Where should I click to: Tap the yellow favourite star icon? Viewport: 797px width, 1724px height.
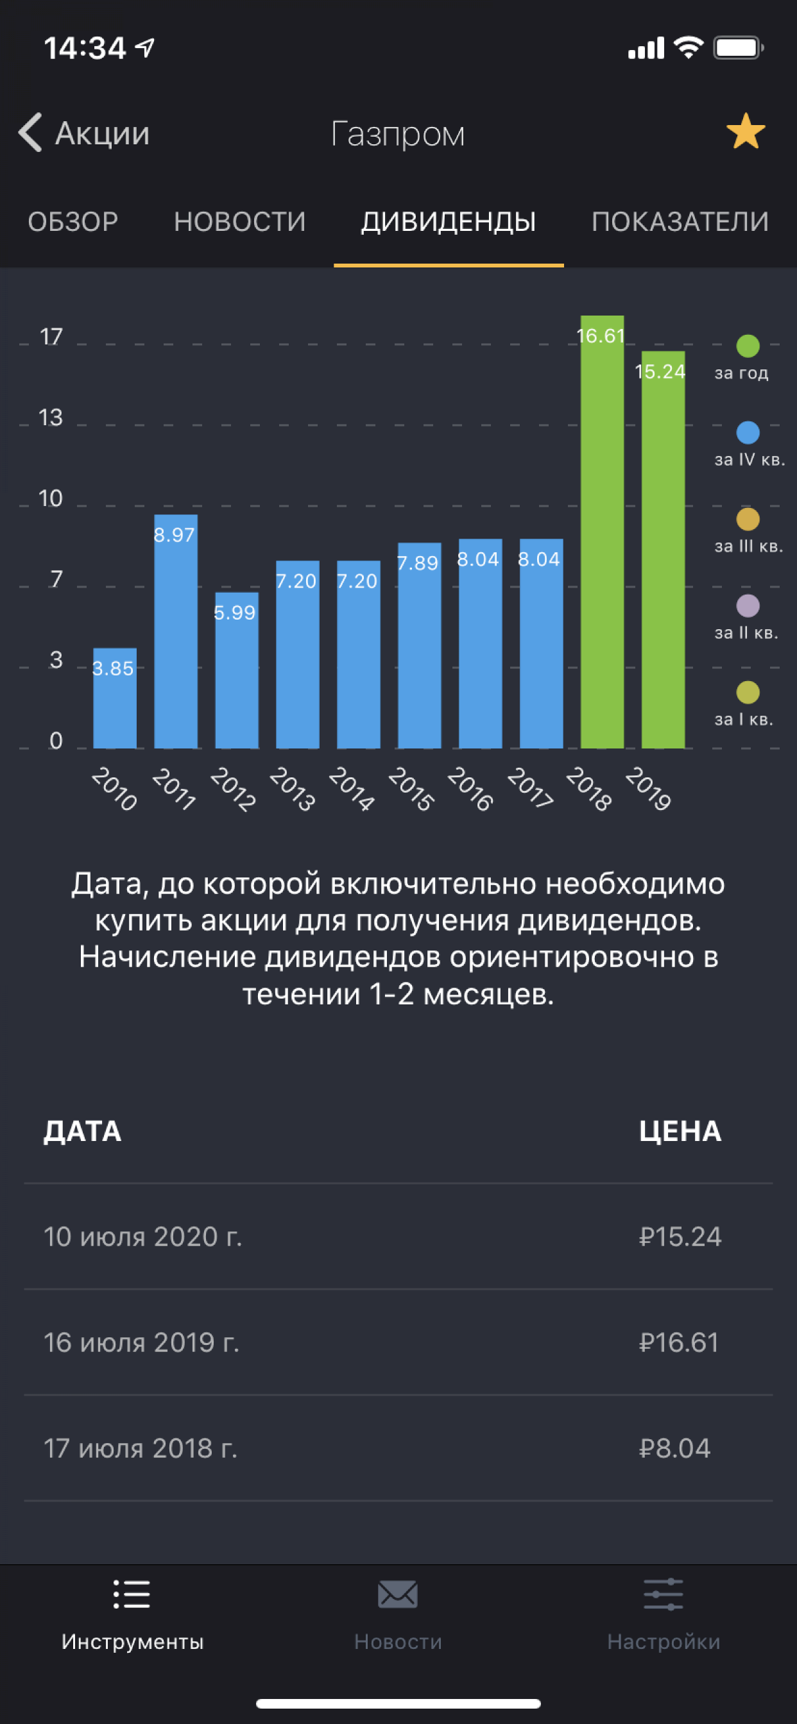tap(746, 132)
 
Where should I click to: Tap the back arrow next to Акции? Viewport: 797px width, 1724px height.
tap(30, 132)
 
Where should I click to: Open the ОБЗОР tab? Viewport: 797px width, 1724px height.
tap(73, 221)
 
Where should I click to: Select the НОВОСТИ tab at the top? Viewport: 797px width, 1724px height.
tap(240, 221)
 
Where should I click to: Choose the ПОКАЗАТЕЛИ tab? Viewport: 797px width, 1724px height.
tap(680, 221)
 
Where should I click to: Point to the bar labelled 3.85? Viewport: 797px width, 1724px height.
tap(114, 699)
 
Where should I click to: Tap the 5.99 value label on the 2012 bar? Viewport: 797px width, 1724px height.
tap(234, 613)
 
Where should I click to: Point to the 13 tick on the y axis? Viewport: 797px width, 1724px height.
tap(50, 418)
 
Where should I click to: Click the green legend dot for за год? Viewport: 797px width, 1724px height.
tap(748, 346)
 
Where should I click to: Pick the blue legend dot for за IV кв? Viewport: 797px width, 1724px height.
tap(748, 432)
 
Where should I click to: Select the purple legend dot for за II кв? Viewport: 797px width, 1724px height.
tap(748, 605)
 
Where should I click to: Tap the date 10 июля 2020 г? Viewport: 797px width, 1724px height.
tap(142, 1237)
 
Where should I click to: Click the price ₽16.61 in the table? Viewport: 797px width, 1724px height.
tap(679, 1342)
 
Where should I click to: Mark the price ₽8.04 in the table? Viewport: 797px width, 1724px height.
tap(674, 1448)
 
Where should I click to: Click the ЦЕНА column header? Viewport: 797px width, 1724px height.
tap(680, 1131)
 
